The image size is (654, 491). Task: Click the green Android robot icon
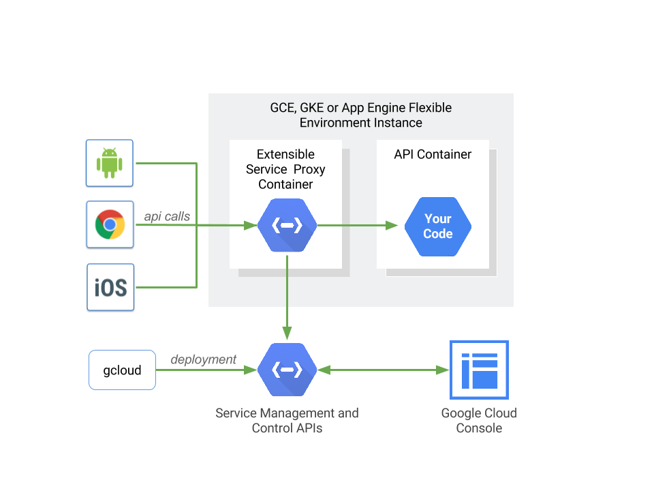(109, 163)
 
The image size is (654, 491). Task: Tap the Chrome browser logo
(110, 224)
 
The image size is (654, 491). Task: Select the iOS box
(110, 287)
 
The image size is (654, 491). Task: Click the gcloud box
(122, 370)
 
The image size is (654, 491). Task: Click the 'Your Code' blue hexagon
(437, 226)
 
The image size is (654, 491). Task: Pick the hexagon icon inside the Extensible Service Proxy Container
(287, 226)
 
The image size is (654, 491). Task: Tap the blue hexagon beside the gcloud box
(287, 370)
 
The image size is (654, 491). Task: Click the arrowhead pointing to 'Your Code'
(392, 225)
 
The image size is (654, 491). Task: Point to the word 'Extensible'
(285, 154)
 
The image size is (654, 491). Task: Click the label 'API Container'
(433, 154)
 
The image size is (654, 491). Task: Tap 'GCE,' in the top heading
(282, 108)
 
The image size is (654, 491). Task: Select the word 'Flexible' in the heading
(429, 108)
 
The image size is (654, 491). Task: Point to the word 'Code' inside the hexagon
(437, 233)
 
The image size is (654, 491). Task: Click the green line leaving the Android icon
(167, 164)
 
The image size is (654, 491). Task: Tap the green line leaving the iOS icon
(167, 287)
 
